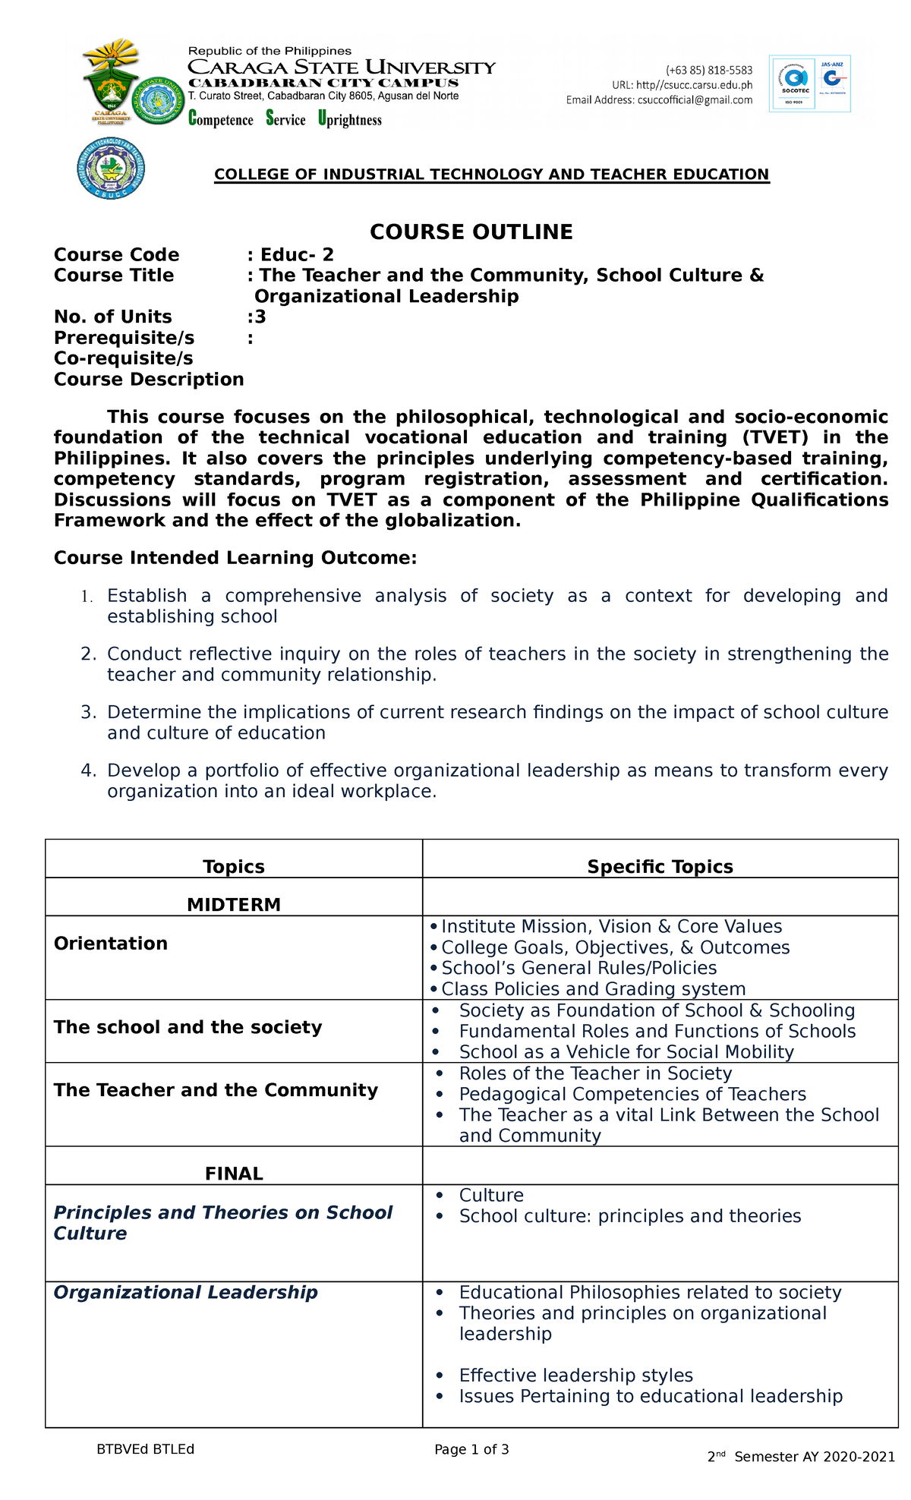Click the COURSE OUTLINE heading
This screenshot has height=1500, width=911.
[x=471, y=232]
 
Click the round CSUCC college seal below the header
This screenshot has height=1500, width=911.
[x=111, y=169]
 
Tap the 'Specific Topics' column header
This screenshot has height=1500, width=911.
[x=660, y=867]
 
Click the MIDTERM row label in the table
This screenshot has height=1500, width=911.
[x=234, y=905]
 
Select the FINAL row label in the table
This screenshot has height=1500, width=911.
[x=234, y=1174]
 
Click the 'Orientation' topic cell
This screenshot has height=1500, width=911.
[x=111, y=944]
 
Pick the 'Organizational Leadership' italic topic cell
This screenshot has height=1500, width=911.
[x=185, y=1293]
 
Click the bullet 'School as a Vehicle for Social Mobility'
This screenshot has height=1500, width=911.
[x=626, y=1052]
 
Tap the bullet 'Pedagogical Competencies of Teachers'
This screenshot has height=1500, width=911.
[x=632, y=1094]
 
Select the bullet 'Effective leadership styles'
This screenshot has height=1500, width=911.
[x=575, y=1376]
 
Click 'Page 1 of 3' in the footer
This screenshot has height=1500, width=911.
[x=471, y=1449]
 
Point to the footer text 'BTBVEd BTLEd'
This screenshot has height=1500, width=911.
[x=145, y=1449]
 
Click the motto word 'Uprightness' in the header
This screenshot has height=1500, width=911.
[x=350, y=119]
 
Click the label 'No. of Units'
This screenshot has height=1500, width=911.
[x=113, y=317]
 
